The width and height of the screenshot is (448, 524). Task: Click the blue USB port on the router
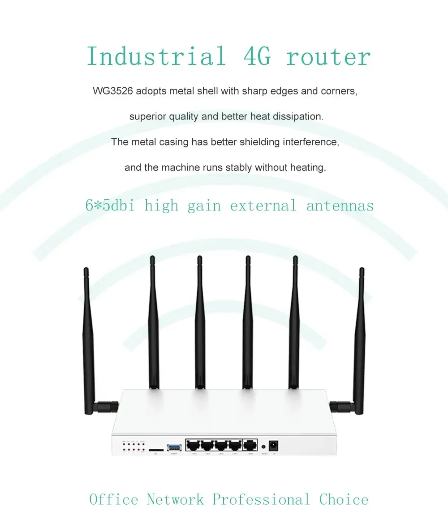tap(173, 447)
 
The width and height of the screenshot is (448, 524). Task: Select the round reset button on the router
tap(263, 447)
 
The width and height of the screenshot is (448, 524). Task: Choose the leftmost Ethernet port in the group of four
tap(194, 446)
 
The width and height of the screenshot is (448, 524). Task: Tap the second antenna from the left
tap(153, 322)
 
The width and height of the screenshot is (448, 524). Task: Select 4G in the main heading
tap(257, 57)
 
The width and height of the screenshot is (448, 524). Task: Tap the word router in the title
tap(328, 57)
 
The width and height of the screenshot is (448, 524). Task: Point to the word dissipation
tap(299, 116)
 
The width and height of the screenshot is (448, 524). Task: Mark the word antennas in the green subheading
tap(340, 206)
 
